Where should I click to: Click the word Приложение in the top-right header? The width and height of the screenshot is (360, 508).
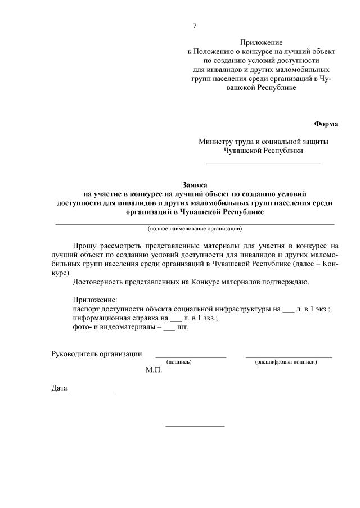tap(262, 42)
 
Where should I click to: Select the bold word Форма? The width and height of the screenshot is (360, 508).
tap(326, 124)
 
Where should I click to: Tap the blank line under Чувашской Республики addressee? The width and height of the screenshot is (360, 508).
tap(263, 162)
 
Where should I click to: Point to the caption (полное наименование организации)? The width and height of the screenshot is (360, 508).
tap(195, 229)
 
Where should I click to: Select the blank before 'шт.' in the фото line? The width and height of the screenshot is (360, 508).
tap(169, 327)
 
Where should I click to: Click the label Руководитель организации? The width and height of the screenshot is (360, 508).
tap(96, 353)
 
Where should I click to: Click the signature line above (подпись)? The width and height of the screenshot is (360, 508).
tap(191, 356)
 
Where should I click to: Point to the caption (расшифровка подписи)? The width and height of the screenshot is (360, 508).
tap(286, 362)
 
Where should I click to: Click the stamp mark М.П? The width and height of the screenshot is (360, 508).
tap(153, 370)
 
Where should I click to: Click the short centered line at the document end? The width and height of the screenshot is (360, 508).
tap(195, 425)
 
